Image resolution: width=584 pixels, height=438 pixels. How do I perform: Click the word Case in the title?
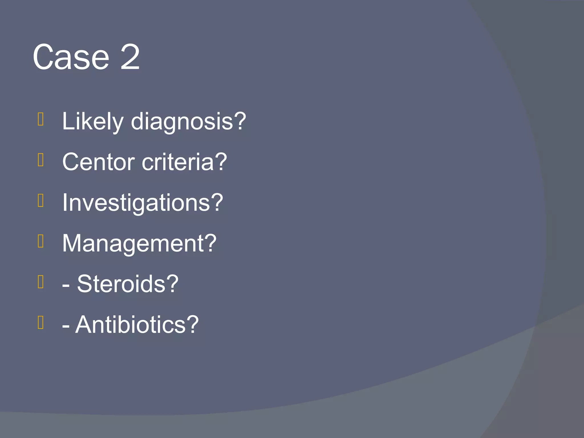coord(71,57)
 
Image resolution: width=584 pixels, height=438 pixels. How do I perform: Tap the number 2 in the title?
coord(130,57)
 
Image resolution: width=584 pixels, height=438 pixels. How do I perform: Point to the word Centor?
coord(98,162)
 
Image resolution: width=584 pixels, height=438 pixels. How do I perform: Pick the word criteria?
coord(178,162)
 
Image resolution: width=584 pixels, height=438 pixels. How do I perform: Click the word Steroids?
coord(121,284)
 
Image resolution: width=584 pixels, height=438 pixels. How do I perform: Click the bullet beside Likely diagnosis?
coord(41,119)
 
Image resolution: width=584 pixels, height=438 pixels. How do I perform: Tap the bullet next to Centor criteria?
coord(41,160)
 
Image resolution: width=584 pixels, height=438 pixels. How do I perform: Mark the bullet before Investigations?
coord(41,200)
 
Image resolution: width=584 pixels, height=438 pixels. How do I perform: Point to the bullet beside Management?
coord(41,241)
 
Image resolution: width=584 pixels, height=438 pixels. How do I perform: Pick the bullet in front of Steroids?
coord(41,282)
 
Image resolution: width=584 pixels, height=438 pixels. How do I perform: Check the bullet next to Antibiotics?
coord(41,322)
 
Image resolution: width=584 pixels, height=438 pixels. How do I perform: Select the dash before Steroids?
coord(66,286)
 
